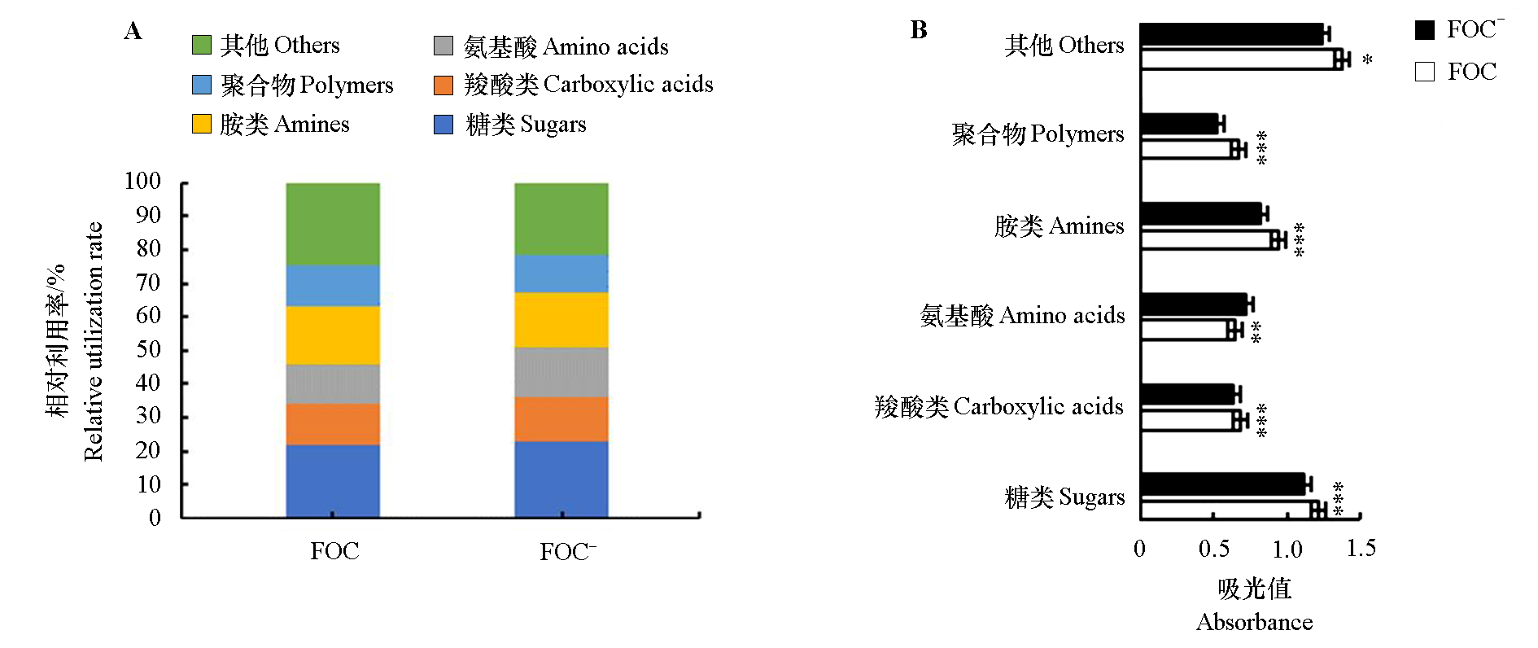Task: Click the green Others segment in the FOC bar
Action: (333, 224)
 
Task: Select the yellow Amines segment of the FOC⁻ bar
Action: (561, 320)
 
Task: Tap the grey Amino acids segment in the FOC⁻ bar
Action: (561, 372)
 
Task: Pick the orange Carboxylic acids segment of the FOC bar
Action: (333, 424)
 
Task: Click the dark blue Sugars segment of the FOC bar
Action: (333, 480)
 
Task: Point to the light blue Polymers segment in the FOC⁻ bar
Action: (561, 274)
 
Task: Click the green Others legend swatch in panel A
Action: (202, 45)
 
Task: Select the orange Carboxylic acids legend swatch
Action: (443, 85)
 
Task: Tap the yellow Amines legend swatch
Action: (202, 124)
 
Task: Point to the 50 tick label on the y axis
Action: (148, 349)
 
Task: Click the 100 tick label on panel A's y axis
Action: (142, 181)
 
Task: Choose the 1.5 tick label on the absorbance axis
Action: (1361, 548)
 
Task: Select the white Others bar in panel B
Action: (1237, 59)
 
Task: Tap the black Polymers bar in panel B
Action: (1179, 124)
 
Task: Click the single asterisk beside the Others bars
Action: (1367, 60)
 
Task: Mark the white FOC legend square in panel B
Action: (1425, 72)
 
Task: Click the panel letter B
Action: (919, 30)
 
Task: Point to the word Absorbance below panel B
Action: (1254, 623)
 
